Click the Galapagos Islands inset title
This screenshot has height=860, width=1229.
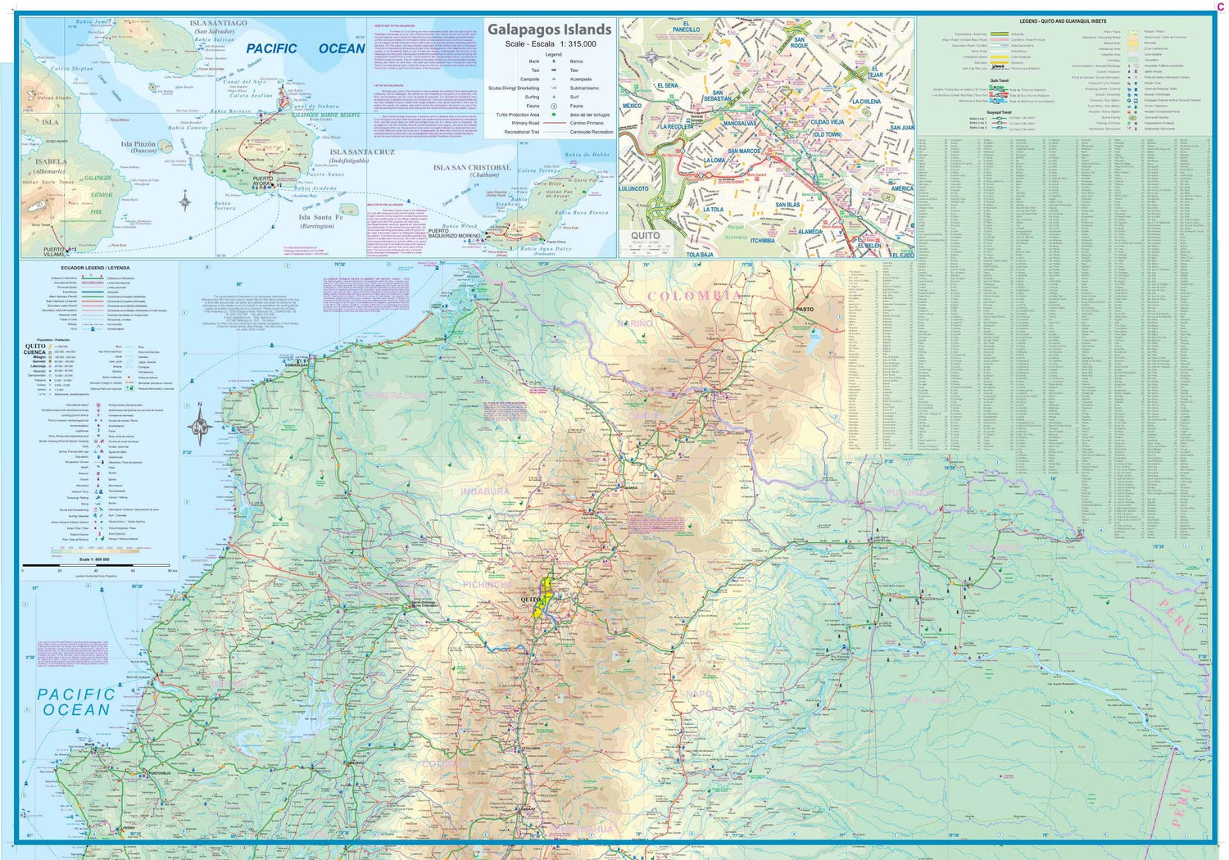pos(549,29)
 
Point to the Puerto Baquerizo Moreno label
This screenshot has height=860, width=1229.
pos(454,233)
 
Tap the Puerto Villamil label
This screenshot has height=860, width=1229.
pos(53,251)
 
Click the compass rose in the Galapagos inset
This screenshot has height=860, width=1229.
pos(186,201)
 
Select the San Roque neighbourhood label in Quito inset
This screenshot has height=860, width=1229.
pos(799,43)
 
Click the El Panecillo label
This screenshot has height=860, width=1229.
pos(686,29)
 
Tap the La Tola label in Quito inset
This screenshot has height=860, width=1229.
pos(713,210)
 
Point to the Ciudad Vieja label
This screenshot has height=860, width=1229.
pos(827,122)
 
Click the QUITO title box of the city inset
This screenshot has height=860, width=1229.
pos(645,237)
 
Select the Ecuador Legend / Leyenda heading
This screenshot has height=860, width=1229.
pos(95,268)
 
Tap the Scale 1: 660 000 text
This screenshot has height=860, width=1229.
pos(94,559)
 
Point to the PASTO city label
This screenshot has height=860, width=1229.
pos(805,309)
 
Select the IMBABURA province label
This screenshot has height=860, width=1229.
pos(485,491)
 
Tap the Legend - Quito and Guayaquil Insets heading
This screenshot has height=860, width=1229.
pos(1062,21)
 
